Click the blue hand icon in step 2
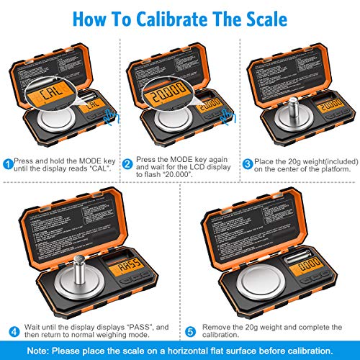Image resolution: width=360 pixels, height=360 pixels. (x=229, y=115)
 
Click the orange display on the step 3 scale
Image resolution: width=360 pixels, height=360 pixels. (x=332, y=107)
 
